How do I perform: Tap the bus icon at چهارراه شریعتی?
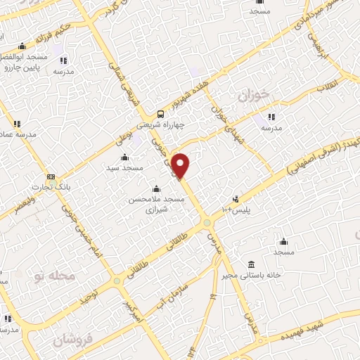161,113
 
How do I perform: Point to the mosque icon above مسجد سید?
125,156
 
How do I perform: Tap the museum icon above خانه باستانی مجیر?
251,264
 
